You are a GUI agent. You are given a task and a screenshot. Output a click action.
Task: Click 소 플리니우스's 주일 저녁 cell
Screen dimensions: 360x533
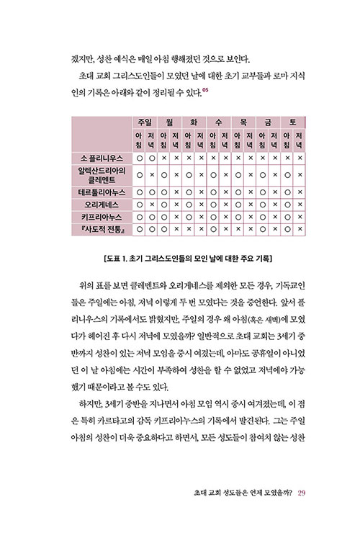point(153,156)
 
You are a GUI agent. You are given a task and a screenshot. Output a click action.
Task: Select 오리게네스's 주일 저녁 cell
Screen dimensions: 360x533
point(153,205)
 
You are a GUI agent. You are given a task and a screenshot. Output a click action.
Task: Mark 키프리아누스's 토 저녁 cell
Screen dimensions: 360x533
point(300,217)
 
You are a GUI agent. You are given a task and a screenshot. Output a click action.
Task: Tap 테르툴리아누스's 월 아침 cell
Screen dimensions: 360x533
point(165,192)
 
